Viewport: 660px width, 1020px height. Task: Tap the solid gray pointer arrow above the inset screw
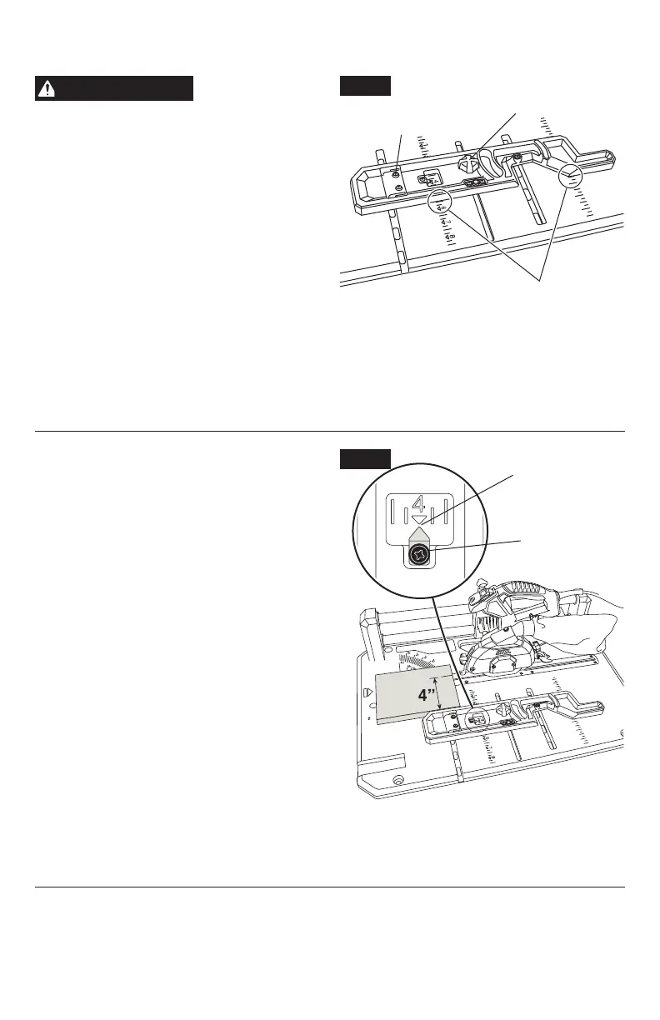(x=420, y=531)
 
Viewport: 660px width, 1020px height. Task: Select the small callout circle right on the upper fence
(x=570, y=176)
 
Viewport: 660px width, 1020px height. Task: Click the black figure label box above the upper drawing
(x=365, y=87)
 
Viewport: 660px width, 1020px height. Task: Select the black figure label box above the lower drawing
(x=365, y=459)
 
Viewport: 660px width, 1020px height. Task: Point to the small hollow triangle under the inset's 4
(x=420, y=518)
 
